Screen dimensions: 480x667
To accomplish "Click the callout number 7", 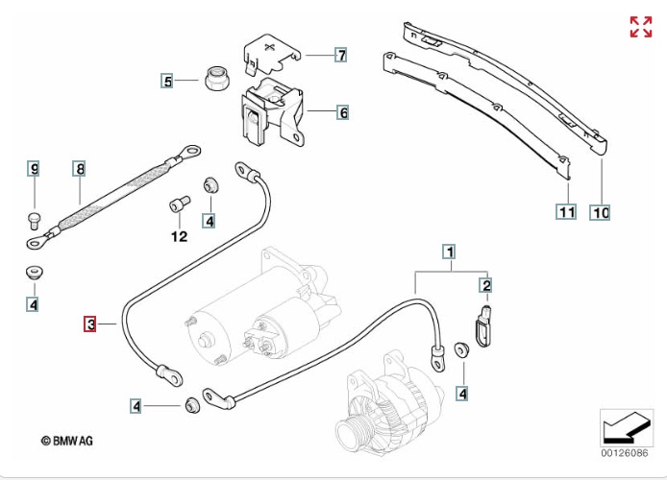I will tap(341, 55).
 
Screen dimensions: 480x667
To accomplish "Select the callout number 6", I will tap(342, 112).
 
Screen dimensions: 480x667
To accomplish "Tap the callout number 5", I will tap(167, 82).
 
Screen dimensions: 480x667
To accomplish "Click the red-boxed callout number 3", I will tap(90, 325).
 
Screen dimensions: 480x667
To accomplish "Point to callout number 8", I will tap(80, 170).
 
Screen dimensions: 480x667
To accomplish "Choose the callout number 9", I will tap(34, 170).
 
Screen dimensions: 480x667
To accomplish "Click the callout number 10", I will tap(601, 212).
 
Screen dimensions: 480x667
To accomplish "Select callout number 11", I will tap(566, 212).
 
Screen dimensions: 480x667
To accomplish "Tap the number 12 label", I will tap(179, 236).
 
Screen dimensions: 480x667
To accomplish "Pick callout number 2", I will tap(486, 285).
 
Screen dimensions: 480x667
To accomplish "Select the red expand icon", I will tap(640, 27).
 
